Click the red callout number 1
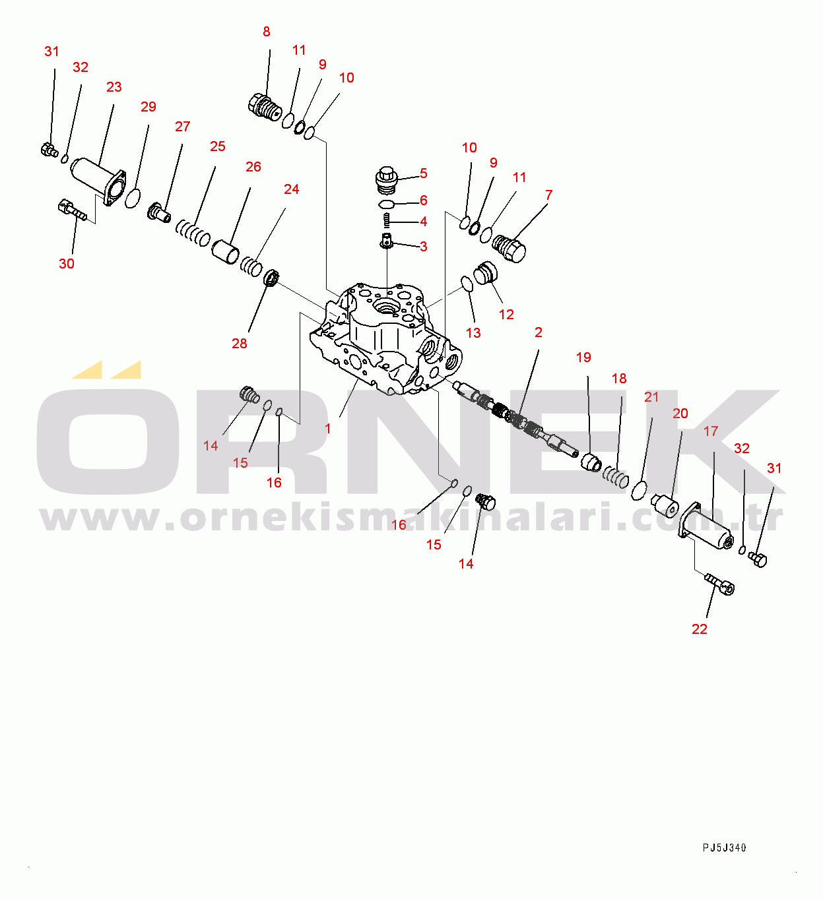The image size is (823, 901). [327, 429]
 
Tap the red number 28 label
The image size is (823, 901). [239, 344]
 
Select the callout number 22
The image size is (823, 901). [700, 629]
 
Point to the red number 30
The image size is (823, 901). [67, 264]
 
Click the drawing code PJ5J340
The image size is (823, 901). [724, 848]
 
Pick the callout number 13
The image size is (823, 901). [473, 333]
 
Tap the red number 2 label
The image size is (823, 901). [538, 332]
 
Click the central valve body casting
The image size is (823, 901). [384, 339]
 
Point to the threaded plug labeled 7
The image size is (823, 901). [509, 249]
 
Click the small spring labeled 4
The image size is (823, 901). [386, 220]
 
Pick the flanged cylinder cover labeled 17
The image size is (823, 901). [706, 526]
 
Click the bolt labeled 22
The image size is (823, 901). [719, 584]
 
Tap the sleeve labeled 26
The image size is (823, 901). [225, 252]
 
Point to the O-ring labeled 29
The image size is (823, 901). [133, 199]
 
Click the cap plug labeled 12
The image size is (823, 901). [485, 273]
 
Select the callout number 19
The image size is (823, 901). [583, 357]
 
